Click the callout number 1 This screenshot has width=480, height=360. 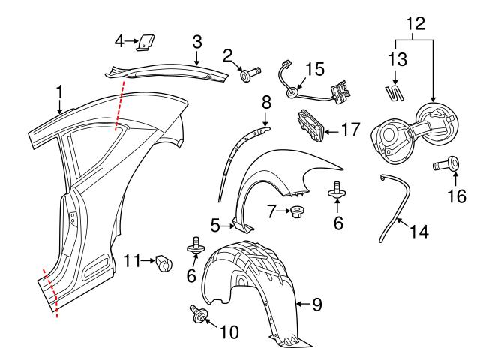point(59,93)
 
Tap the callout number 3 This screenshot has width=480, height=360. point(197,41)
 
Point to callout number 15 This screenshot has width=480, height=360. point(315,70)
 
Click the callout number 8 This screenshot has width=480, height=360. point(265,101)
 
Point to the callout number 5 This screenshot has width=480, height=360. point(214,223)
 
